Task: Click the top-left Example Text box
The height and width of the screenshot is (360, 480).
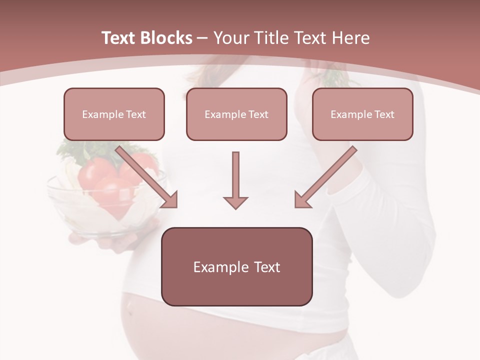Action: (114, 114)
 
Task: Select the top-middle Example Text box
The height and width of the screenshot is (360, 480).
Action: (236, 114)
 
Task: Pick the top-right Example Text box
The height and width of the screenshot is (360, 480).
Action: (362, 114)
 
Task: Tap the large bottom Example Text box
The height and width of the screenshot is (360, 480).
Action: (236, 266)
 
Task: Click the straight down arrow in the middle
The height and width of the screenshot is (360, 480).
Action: (235, 180)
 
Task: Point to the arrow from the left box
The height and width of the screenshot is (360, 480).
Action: (147, 177)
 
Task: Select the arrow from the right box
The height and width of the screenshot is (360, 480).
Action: (325, 177)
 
